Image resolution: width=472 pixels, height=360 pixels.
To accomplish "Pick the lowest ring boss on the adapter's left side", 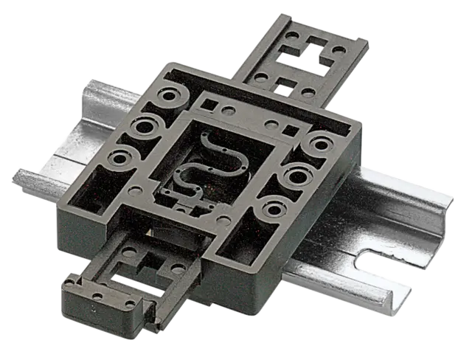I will point(117,156).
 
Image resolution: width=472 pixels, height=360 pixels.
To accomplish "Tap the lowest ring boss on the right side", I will point(273,209).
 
